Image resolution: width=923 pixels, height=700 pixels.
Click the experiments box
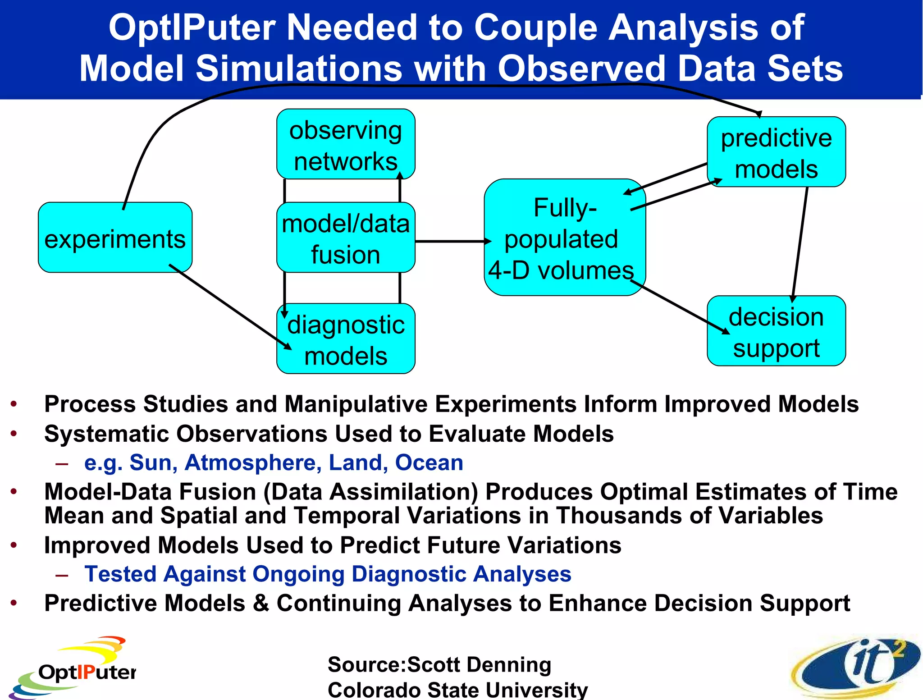(115, 238)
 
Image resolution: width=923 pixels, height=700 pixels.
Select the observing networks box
(346, 144)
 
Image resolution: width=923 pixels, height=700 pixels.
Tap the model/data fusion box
(346, 238)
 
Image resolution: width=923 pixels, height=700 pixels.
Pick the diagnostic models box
(346, 339)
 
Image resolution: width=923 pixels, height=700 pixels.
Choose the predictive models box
(776, 152)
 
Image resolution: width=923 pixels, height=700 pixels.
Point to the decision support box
(776, 331)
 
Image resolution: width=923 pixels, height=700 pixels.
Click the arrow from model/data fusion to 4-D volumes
(451, 242)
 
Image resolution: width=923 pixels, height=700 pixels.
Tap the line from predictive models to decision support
(800, 243)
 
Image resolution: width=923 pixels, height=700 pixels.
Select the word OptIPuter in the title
(192, 28)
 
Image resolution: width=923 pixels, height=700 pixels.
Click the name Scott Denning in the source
(479, 664)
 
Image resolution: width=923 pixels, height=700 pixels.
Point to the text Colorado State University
(457, 690)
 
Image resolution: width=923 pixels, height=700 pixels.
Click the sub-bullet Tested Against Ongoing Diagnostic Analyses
(328, 574)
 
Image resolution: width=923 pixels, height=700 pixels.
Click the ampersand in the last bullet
(261, 603)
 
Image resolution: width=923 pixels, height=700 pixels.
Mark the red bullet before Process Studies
(14, 404)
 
